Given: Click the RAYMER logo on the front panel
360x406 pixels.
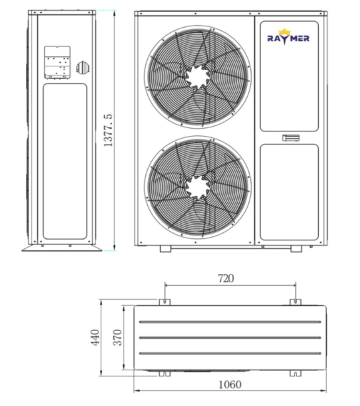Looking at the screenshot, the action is pyautogui.click(x=288, y=37).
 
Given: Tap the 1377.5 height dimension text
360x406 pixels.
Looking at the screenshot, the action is pyautogui.click(x=108, y=130).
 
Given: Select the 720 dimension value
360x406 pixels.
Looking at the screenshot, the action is pyautogui.click(x=226, y=278).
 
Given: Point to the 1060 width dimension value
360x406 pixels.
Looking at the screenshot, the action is pyautogui.click(x=230, y=385).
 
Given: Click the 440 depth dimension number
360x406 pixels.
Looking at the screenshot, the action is pyautogui.click(x=95, y=337).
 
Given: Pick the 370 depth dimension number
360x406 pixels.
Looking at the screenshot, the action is pyautogui.click(x=117, y=337).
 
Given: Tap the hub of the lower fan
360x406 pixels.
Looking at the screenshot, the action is pyautogui.click(x=197, y=187).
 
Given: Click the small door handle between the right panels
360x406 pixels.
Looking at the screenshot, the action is pyautogui.click(x=291, y=138).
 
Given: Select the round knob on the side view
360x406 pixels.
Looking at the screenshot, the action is pyautogui.click(x=82, y=68).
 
